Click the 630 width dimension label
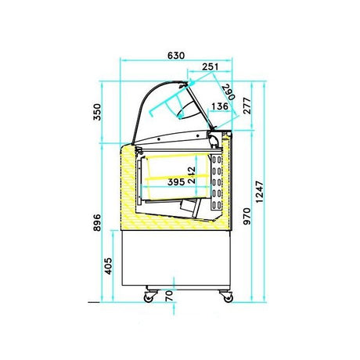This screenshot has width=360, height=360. (x=175, y=56)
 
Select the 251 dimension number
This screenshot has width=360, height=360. (x=209, y=68)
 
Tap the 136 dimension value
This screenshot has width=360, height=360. (x=220, y=107)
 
